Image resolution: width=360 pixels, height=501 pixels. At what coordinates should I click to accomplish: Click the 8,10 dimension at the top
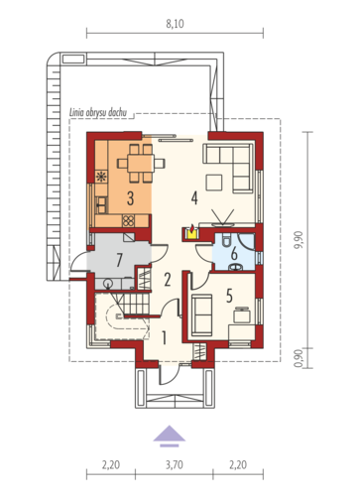coord(175,24)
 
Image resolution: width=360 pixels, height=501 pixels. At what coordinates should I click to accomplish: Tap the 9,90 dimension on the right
coord(299,240)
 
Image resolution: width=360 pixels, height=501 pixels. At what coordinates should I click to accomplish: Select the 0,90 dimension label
coord(299,358)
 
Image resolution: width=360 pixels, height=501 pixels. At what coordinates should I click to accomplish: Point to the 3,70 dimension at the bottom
coord(175,465)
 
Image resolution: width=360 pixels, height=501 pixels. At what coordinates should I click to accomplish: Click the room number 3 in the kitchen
coord(130,198)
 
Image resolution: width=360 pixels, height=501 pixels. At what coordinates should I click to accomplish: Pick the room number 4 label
coord(194,197)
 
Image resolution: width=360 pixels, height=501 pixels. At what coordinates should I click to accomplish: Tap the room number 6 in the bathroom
coord(234,254)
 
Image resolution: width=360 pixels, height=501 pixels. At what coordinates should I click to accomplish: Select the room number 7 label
coord(119,260)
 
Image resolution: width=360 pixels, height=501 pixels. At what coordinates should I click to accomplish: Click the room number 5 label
coord(229,296)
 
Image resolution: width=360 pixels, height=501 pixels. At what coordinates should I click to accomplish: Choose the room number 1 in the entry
coord(164,337)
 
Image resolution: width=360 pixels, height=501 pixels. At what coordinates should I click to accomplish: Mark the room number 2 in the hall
coord(168,280)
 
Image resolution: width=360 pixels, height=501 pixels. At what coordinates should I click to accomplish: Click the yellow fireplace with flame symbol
coord(191,232)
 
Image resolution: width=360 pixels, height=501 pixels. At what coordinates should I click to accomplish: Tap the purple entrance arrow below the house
coord(170,436)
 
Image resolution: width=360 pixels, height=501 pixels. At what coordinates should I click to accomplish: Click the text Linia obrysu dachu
coord(98,112)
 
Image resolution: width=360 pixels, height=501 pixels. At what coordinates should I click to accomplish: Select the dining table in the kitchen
coord(141,164)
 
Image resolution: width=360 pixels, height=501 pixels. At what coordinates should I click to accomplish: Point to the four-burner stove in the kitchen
coord(128,220)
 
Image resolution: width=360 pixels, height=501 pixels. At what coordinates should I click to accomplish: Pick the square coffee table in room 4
coord(213,183)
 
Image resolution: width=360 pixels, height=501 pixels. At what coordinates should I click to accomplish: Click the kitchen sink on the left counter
coord(101,205)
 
